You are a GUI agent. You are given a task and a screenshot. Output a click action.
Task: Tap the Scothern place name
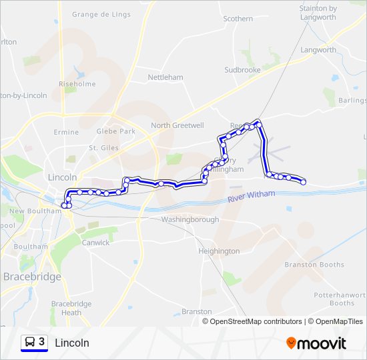click(x=238, y=19)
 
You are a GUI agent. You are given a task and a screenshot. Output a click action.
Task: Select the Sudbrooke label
click(x=242, y=69)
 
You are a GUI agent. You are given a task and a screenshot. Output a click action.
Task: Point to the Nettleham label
click(x=165, y=77)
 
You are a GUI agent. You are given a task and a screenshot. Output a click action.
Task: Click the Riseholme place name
click(x=77, y=85)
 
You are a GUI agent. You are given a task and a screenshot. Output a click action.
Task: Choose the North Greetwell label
click(x=177, y=125)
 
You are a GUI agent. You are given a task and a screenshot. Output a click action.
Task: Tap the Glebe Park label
click(x=116, y=131)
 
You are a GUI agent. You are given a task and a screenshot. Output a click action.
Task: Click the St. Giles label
click(x=103, y=148)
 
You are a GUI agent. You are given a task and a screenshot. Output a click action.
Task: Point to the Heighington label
click(x=219, y=251)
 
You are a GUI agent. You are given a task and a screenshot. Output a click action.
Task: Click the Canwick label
click(x=95, y=243)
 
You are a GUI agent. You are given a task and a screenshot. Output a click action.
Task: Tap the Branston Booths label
click(x=314, y=265)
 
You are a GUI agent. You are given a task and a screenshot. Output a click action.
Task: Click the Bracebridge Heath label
click(x=71, y=308)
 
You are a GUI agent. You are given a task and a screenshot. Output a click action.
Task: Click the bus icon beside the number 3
click(x=29, y=342)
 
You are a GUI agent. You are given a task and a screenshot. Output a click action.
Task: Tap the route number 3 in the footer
click(x=42, y=342)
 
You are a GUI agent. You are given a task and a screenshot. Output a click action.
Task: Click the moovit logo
click(x=316, y=343)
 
